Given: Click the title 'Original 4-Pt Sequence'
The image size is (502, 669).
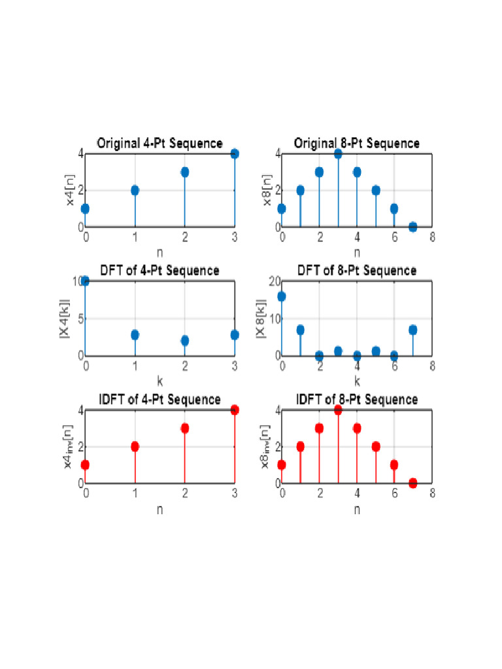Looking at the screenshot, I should [159, 143].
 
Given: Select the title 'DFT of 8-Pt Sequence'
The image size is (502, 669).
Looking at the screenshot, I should [356, 270].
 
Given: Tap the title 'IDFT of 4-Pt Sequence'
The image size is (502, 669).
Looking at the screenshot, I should [159, 399].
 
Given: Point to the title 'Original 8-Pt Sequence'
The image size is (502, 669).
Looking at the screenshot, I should [356, 143].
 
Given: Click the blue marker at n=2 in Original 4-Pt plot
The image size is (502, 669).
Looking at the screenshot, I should [185, 172].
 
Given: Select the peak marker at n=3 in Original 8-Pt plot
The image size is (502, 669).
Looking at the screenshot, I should [338, 154].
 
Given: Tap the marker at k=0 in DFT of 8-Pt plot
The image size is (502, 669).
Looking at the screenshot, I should [282, 296].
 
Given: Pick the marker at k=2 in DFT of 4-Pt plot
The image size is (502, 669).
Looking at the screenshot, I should [185, 340].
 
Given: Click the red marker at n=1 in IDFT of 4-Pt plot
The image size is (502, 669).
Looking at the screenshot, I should [135, 446].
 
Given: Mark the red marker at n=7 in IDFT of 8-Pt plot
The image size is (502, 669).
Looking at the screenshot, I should [412, 483].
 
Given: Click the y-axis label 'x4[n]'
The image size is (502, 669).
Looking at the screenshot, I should [72, 190].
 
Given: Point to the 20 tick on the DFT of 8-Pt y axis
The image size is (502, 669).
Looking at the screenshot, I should [276, 281].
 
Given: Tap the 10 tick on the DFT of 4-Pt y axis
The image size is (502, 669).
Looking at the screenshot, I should [78, 281].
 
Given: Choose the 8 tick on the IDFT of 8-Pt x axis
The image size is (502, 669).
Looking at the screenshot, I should [432, 495].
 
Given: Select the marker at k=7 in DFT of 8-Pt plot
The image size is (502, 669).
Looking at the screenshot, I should [412, 330].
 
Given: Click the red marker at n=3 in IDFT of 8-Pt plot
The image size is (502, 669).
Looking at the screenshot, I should [338, 410].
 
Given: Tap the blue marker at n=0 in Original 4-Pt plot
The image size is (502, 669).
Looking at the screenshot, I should [86, 208].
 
